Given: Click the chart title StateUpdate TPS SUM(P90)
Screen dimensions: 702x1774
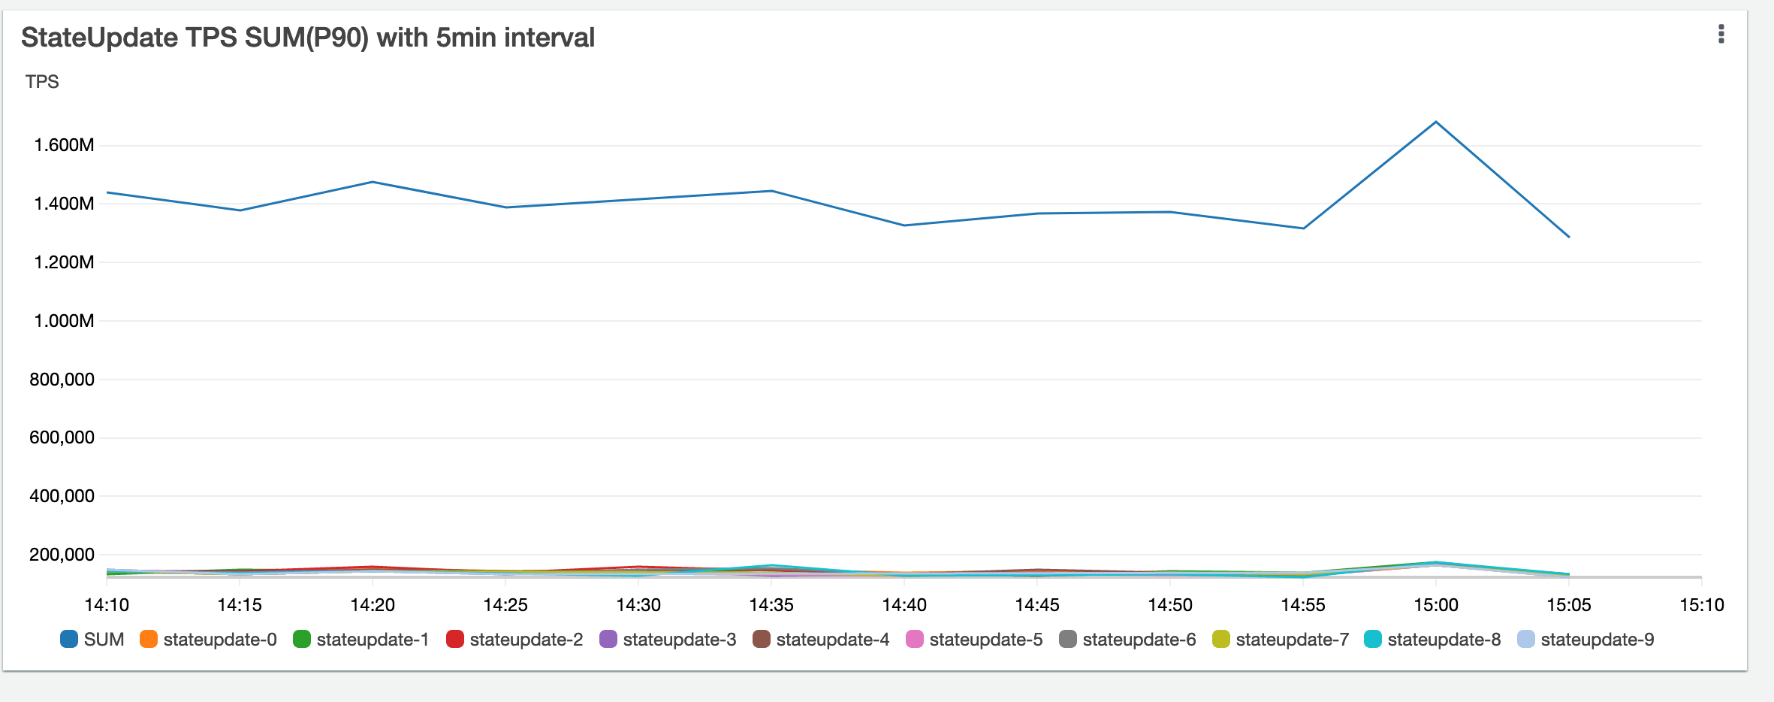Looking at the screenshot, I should pos(307,38).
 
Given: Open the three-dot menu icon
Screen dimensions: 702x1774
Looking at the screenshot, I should pos(1721,35).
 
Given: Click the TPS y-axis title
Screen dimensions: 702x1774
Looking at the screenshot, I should pos(42,82).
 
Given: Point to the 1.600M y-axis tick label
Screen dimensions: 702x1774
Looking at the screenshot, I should pos(64,145).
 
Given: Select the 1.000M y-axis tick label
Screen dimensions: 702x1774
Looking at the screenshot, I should pos(64,321).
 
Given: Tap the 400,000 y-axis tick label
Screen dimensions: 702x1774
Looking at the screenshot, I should pos(62,496).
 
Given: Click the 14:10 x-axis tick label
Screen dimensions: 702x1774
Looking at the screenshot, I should pos(107,605).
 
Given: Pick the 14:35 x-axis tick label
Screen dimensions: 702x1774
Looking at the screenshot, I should pos(771,605).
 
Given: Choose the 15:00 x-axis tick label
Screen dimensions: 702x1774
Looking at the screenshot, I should pos(1436,605).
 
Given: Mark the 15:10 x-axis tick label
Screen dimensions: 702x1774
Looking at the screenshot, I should pos(1702,605).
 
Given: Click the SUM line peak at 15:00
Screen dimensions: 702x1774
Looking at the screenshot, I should pos(1436,122).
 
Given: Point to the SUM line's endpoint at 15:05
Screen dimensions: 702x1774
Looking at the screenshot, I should pos(1569,238).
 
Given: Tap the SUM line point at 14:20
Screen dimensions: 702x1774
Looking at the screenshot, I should pos(373,182).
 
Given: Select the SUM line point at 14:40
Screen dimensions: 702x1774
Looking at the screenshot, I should pos(904,225).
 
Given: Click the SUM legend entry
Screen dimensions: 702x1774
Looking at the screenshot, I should pos(92,640).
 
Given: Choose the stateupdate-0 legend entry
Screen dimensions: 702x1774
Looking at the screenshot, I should pos(209,640).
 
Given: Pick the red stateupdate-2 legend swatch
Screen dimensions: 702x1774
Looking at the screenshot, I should pos(454,640).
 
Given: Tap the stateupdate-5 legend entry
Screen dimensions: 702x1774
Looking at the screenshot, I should pos(975,640).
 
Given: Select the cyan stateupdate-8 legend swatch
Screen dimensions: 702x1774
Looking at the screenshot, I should pos(1372,640).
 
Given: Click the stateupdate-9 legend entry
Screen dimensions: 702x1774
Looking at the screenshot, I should pos(1586,640).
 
